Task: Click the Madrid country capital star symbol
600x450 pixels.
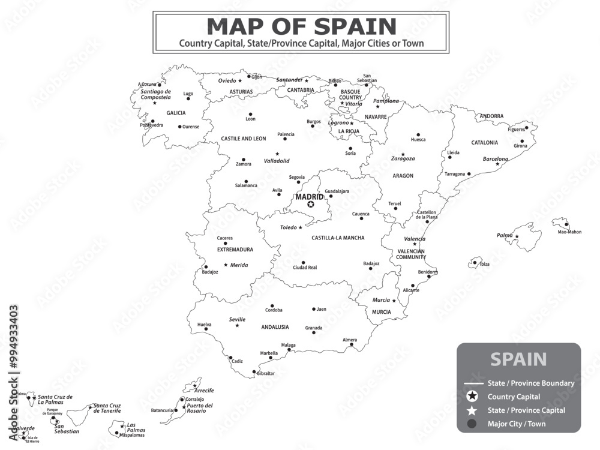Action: coord(311,205)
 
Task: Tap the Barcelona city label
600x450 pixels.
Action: coord(496,159)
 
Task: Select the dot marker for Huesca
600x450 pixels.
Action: coord(418,134)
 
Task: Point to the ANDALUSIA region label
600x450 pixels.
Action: coord(275,327)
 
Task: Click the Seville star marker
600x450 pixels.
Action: coord(237,325)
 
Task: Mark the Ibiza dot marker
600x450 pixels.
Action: coord(475,262)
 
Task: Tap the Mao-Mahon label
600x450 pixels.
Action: coord(569,232)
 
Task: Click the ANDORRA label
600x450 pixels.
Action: coord(491,116)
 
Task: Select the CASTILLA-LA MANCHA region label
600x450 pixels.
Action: coord(338,238)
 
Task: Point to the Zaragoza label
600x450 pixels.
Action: coord(403,159)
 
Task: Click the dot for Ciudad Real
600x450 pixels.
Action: coord(303,262)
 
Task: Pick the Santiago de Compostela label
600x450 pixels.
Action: coord(156,94)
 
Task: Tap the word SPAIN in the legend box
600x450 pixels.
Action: coord(518,359)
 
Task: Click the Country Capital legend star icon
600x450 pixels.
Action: coord(473,397)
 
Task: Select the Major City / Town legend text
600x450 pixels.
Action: coord(517,424)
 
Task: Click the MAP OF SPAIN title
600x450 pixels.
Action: coord(301,26)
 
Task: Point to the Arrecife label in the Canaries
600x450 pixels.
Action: coord(204,391)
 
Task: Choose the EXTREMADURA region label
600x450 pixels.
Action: coord(235,250)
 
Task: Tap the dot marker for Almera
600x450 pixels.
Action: coord(352,345)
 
